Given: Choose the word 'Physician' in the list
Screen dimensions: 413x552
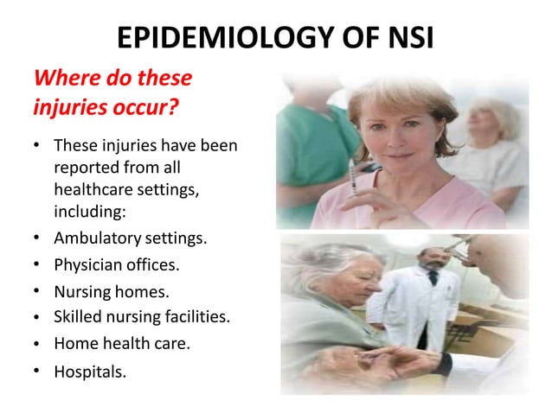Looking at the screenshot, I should pyautogui.click(x=90, y=264).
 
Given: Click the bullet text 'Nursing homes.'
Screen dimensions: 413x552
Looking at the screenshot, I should pyautogui.click(x=111, y=291).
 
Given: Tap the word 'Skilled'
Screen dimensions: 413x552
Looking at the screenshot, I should pyautogui.click(x=77, y=317).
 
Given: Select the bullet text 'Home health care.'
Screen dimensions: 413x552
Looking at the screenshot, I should pyautogui.click(x=121, y=343).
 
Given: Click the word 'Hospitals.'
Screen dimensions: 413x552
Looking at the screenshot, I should pyautogui.click(x=90, y=372).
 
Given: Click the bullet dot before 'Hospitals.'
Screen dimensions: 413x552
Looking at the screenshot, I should pyautogui.click(x=39, y=372).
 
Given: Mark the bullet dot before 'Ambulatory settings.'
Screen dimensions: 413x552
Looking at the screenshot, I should pyautogui.click(x=39, y=236).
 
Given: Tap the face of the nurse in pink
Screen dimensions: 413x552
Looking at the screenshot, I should pyautogui.click(x=401, y=130).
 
